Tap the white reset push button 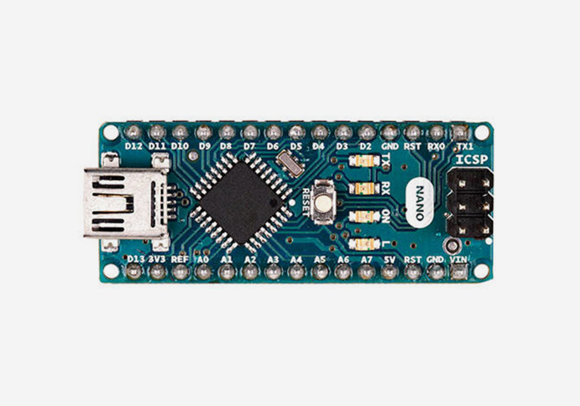322,200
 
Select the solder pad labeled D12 134,132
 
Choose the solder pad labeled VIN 459,271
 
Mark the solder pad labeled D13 134,271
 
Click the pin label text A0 203,259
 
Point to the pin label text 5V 389,259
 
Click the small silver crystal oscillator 290,163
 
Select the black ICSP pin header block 470,203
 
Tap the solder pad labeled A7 366,271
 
